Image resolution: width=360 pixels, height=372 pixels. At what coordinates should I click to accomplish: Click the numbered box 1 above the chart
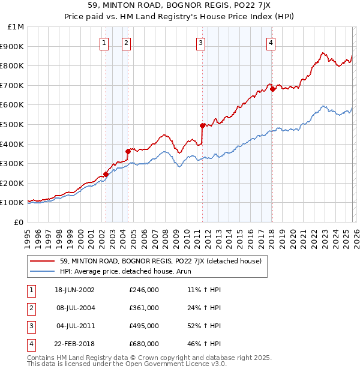click(104, 43)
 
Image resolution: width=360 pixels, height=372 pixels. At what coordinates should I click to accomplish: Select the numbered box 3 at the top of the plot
click(200, 43)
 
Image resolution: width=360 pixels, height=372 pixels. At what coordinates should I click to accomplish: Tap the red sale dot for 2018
click(272, 89)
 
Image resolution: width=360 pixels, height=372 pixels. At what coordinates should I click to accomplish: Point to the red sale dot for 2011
click(202, 125)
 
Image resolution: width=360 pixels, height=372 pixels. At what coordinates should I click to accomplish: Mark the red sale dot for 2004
click(128, 151)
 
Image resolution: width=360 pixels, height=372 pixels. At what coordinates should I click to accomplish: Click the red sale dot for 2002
click(106, 174)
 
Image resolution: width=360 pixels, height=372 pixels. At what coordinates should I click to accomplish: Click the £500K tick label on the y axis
click(12, 124)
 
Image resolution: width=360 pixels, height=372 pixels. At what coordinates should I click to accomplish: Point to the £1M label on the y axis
click(16, 27)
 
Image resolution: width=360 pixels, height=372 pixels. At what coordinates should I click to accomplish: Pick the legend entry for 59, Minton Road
click(160, 261)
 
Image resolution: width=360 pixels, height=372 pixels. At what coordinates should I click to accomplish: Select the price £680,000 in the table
click(144, 344)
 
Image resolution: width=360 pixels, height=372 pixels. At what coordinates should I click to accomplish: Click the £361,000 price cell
click(144, 308)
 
